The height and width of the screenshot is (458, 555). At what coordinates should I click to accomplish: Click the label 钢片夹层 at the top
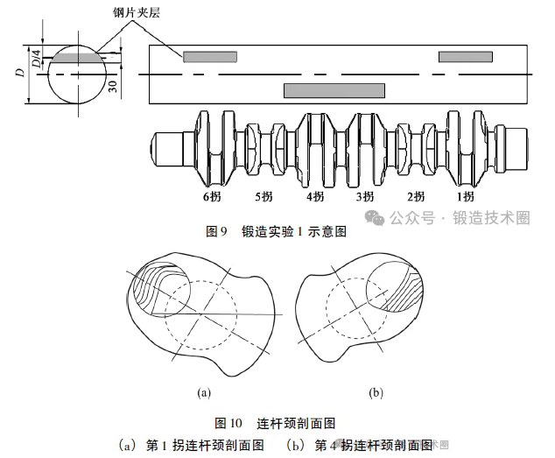click(137, 12)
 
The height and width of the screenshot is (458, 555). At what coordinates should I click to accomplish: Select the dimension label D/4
click(37, 59)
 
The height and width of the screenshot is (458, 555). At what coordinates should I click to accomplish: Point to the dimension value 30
click(113, 86)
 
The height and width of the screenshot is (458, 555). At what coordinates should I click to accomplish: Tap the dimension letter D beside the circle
click(21, 73)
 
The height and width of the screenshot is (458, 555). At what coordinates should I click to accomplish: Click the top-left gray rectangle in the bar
click(210, 57)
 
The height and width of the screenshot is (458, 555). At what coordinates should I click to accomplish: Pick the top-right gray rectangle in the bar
click(466, 57)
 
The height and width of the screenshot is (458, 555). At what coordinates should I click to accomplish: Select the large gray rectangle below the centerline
click(334, 91)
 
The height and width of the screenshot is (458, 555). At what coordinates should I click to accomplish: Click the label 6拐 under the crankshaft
click(212, 196)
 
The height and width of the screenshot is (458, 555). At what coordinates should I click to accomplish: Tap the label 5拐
click(263, 196)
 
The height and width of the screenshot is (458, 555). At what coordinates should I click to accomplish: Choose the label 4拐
click(315, 196)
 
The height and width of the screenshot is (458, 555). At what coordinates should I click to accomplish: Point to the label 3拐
click(365, 196)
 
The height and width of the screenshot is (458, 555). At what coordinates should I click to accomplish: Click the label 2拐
click(416, 196)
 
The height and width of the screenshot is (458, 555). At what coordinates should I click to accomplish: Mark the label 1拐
click(466, 196)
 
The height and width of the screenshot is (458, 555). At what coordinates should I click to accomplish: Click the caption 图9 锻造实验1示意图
click(276, 232)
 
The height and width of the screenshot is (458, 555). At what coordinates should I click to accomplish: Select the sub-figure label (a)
click(204, 393)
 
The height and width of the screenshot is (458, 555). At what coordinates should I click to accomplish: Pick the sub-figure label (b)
click(376, 393)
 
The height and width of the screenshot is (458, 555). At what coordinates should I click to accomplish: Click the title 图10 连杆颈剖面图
click(275, 423)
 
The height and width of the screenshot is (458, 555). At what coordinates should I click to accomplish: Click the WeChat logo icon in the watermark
click(375, 217)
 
